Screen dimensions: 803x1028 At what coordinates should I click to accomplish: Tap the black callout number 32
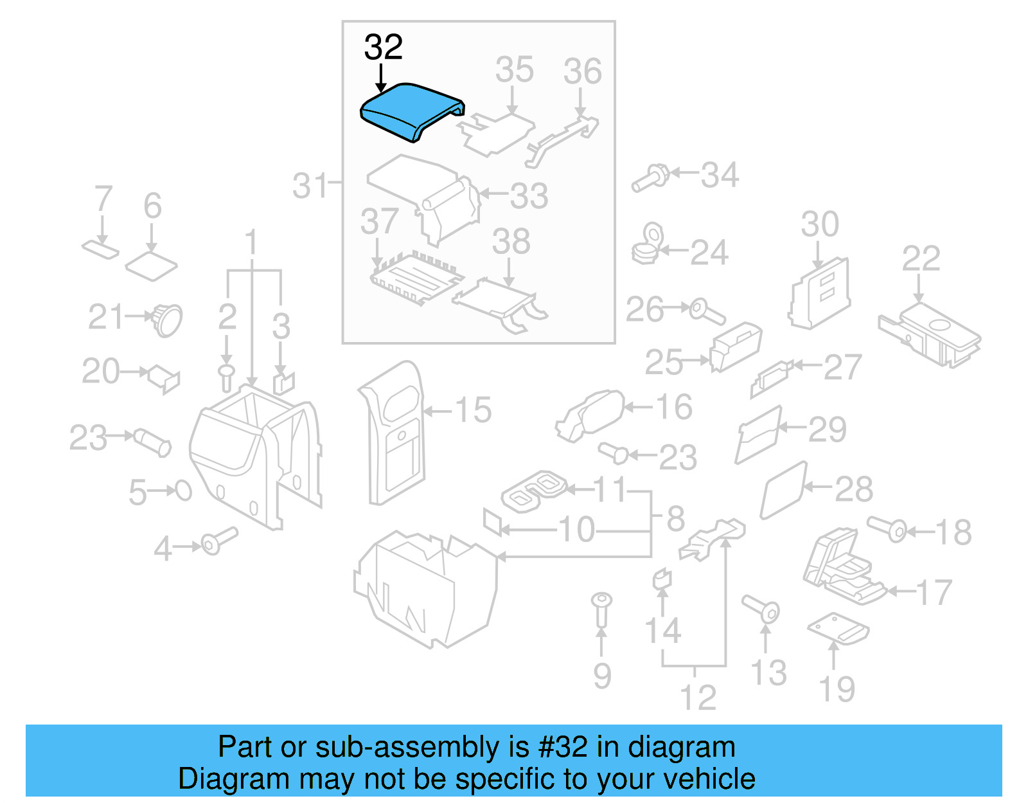click(x=384, y=48)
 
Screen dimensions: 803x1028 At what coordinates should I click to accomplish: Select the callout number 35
click(x=514, y=69)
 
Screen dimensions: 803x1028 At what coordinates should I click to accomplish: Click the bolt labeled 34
click(x=650, y=177)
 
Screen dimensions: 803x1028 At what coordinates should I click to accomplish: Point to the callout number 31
click(x=310, y=186)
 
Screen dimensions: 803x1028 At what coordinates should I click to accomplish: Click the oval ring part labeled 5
click(x=183, y=491)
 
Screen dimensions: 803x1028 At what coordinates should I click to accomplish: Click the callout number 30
click(x=820, y=224)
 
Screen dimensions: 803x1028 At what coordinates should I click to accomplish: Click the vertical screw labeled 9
click(x=601, y=609)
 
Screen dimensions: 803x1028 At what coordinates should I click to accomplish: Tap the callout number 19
click(x=837, y=689)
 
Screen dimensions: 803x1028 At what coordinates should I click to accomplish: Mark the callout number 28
click(x=853, y=490)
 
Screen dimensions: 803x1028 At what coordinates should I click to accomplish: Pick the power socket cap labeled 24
click(x=648, y=244)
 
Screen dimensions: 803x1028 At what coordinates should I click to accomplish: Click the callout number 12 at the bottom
click(x=698, y=698)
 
